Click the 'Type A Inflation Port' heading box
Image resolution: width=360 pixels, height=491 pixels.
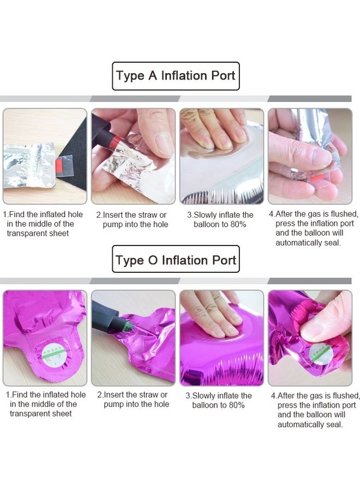coord(176,76)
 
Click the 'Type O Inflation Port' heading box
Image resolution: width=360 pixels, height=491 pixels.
coord(176,259)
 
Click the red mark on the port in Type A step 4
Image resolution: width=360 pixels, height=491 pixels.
coord(316,179)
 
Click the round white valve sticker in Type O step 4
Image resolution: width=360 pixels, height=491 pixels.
coord(321,354)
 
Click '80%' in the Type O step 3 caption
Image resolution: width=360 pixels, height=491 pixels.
coord(236,405)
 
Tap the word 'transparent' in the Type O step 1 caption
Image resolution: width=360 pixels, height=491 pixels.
coord(29,414)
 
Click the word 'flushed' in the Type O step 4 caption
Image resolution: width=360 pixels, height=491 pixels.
coord(346,396)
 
